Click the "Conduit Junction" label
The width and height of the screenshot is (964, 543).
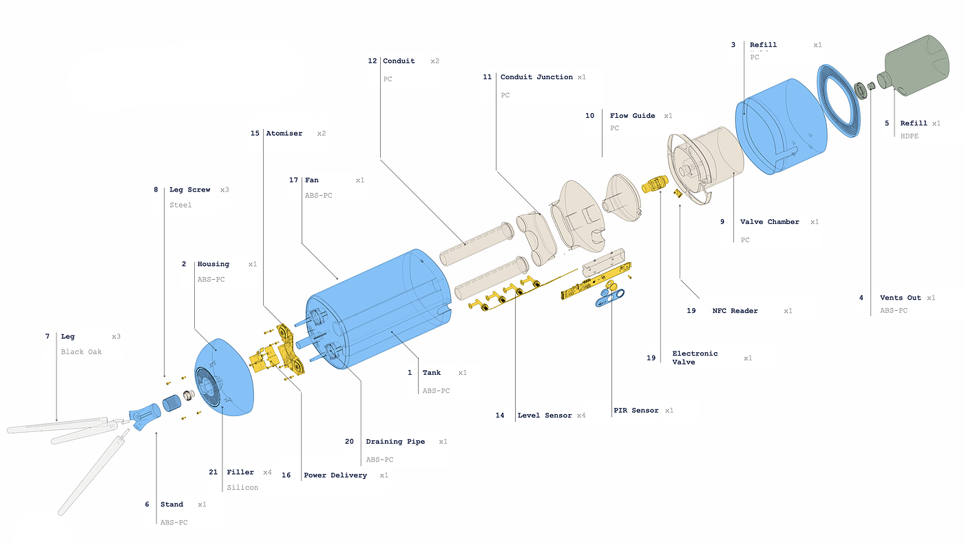[x=536, y=77]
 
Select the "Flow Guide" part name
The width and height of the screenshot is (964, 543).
[x=632, y=116]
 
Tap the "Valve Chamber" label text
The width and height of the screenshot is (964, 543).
[x=769, y=222]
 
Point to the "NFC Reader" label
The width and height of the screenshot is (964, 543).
[x=735, y=311]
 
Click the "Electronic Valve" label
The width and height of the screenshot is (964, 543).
[x=695, y=358]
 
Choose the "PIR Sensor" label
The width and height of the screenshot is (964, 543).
[x=636, y=411]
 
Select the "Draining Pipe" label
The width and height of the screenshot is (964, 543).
[x=395, y=442]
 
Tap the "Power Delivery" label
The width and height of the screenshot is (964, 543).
[x=335, y=475]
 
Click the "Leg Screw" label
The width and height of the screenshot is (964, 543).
[x=189, y=189]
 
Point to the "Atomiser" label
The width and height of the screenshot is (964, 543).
[x=284, y=134]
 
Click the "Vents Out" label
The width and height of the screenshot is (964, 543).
[x=900, y=298]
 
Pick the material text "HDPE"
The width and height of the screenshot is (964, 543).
[x=909, y=136]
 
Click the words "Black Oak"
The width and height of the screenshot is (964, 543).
[x=81, y=352]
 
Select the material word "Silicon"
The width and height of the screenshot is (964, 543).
[x=242, y=488]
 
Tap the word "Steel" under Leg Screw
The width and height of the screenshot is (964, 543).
[x=180, y=205]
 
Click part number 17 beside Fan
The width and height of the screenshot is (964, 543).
[x=293, y=181]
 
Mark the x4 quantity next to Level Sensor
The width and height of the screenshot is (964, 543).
[x=580, y=416]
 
